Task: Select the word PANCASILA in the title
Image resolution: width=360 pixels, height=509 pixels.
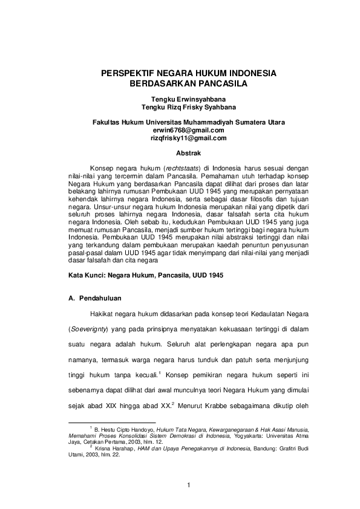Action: [218, 84]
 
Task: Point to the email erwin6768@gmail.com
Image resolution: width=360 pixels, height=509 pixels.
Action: [188, 129]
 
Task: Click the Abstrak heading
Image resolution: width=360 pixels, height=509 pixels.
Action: [188, 154]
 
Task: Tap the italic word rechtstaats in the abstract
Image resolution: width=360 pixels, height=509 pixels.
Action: [182, 166]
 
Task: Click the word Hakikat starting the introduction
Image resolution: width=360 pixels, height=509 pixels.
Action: [101, 316]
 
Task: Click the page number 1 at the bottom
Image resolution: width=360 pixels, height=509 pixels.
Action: [188, 485]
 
